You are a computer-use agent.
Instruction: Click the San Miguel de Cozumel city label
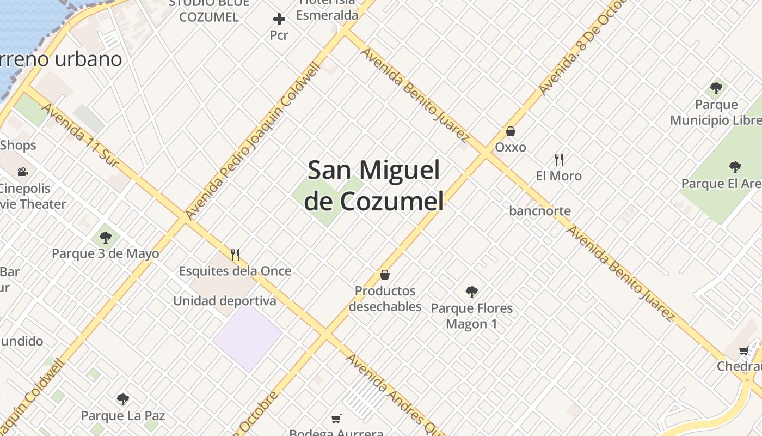[374, 185]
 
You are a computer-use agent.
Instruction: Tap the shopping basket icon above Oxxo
[511, 131]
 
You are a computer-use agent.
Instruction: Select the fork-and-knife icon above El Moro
[558, 160]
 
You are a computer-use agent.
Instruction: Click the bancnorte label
[540, 211]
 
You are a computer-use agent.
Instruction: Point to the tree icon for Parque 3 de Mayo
[106, 238]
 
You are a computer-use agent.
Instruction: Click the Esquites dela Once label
[235, 271]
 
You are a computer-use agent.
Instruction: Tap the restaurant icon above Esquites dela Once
[235, 255]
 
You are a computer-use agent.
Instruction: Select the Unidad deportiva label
[224, 301]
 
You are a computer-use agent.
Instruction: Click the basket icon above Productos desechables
[385, 275]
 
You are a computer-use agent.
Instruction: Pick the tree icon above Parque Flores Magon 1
[471, 292]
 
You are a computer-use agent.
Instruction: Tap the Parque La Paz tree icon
[123, 399]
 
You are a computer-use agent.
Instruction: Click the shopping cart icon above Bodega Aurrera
[336, 419]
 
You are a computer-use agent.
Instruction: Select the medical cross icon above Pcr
[279, 20]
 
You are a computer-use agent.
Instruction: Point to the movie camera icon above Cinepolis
[22, 172]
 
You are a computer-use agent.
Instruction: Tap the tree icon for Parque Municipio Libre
[716, 88]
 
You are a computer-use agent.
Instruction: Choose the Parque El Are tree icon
[735, 167]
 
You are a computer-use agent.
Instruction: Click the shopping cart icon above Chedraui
[744, 350]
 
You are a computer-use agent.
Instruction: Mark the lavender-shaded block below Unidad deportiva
[248, 338]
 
